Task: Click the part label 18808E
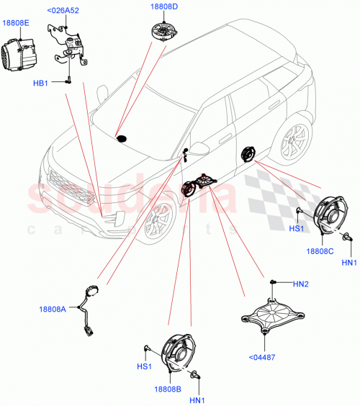(x=16, y=23)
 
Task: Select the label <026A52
(x=63, y=11)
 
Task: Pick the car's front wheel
(x=157, y=225)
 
